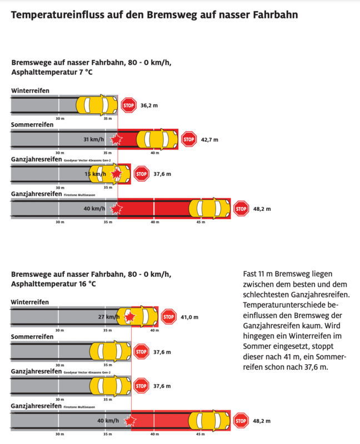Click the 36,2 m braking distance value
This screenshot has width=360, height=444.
(149, 105)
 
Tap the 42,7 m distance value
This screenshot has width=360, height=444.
(209, 139)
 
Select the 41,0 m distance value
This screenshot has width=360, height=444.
(189, 317)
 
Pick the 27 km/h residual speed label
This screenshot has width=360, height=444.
(108, 317)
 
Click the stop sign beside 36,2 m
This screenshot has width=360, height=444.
(128, 104)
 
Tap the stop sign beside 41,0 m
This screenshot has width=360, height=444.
(168, 317)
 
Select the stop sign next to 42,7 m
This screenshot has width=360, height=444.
(189, 139)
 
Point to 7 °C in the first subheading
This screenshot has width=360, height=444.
(84, 72)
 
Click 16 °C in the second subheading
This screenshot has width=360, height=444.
(87, 284)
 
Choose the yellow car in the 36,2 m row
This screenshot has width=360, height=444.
(97, 104)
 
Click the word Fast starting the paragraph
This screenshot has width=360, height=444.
(251, 274)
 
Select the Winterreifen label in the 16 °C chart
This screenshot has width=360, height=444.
(30, 302)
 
